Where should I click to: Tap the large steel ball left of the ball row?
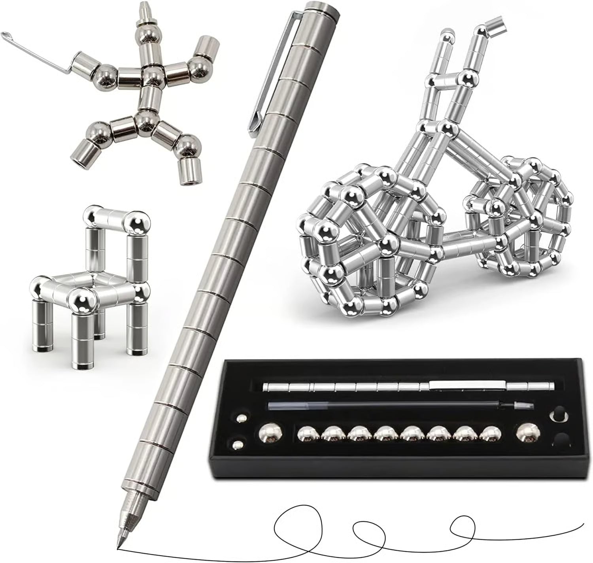268,434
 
